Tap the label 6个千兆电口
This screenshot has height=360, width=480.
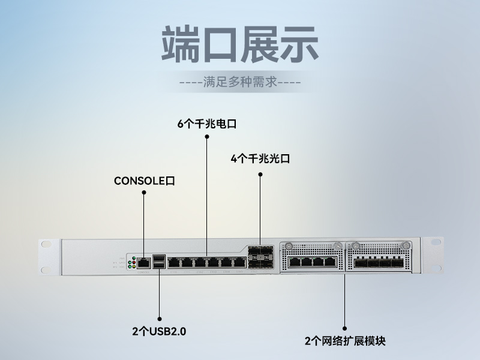coord(207,124)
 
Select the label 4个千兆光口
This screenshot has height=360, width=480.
coord(260,159)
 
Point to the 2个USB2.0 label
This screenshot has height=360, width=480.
coord(159,331)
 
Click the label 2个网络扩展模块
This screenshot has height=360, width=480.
coord(345,341)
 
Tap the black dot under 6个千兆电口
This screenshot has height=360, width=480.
coord(207,137)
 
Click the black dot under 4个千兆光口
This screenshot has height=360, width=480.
coord(260,175)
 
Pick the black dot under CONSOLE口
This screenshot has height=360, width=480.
coord(144,192)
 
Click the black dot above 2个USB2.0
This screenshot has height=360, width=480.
coord(160,318)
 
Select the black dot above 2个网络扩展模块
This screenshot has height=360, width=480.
coord(345,328)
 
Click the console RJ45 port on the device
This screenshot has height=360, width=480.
coord(144,262)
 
